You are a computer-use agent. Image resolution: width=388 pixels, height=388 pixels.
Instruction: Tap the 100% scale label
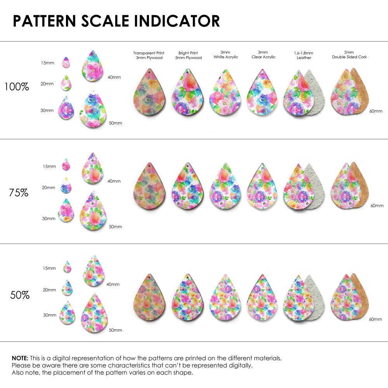tap(17, 87)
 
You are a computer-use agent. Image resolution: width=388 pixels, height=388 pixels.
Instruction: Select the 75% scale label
tap(19, 192)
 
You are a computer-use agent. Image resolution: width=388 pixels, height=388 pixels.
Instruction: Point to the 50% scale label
tap(20, 295)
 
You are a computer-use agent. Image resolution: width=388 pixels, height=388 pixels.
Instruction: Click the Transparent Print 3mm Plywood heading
tap(149, 55)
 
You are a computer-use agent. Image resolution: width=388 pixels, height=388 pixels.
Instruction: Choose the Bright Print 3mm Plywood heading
tap(188, 55)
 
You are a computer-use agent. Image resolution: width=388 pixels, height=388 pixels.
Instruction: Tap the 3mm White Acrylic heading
tap(225, 55)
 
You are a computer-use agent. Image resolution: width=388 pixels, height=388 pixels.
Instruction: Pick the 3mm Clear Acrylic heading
tap(263, 55)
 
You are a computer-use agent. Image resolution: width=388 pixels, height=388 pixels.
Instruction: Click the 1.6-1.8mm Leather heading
tap(303, 55)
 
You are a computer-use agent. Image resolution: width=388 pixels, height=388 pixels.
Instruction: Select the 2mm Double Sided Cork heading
tap(349, 55)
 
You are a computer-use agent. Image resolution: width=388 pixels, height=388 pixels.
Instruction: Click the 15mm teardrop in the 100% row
tap(66, 62)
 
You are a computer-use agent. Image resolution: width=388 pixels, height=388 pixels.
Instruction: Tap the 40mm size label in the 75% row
tap(114, 181)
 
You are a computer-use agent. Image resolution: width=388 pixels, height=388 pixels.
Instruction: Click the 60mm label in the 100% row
tap(376, 111)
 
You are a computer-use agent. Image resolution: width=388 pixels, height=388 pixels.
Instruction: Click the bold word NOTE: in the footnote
tap(20, 358)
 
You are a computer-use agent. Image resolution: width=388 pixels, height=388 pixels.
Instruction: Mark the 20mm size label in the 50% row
tap(49, 290)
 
